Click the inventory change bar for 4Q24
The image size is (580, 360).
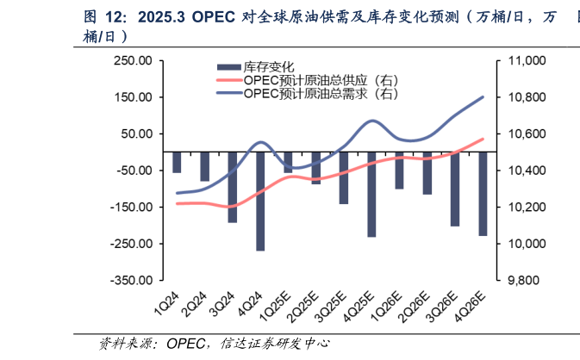pyautogui.click(x=260, y=201)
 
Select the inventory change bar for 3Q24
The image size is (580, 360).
pyautogui.click(x=233, y=187)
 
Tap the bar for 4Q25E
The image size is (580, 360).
pyautogui.click(x=371, y=194)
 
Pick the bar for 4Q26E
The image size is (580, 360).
pyautogui.click(x=483, y=193)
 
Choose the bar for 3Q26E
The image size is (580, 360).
pyautogui.click(x=455, y=189)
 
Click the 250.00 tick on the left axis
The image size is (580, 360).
pyautogui.click(x=134, y=61)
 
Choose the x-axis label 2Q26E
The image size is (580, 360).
pyautogui.click(x=415, y=308)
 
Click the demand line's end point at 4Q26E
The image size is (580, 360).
pyautogui.click(x=483, y=96)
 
